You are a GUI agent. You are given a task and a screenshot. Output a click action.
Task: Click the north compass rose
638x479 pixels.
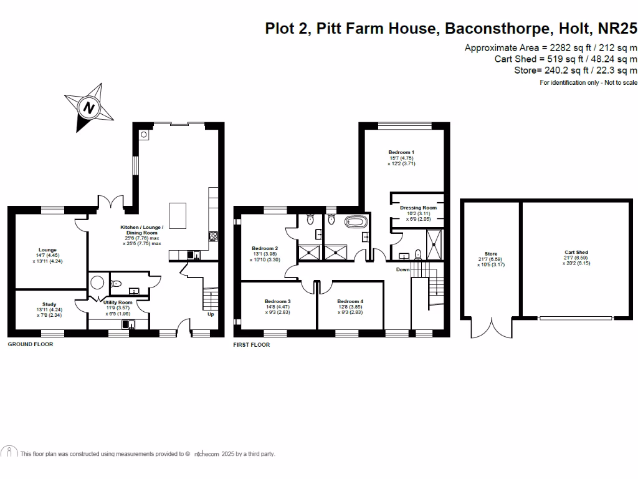(90, 107)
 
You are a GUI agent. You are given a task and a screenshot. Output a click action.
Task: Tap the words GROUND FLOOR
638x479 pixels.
(31, 344)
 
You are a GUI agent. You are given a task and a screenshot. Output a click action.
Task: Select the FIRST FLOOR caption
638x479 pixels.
(252, 344)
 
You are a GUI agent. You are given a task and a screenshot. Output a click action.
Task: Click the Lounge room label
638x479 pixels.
(47, 250)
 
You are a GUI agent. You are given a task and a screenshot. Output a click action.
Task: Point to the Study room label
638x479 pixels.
(49, 304)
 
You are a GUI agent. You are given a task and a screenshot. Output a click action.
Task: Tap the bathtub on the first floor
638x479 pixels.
(356, 221)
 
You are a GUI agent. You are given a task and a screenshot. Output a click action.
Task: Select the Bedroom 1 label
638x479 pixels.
(401, 152)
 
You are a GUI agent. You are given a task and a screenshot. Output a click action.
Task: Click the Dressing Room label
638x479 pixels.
(418, 208)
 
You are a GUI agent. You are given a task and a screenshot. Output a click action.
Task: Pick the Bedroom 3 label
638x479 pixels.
(277, 301)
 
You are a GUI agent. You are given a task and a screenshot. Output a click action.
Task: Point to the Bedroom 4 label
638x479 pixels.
(350, 301)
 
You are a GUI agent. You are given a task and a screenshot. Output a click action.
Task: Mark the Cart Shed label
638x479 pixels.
(576, 253)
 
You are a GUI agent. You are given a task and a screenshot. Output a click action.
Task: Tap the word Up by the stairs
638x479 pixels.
(210, 314)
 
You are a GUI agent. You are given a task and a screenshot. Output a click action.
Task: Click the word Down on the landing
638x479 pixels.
(403, 269)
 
